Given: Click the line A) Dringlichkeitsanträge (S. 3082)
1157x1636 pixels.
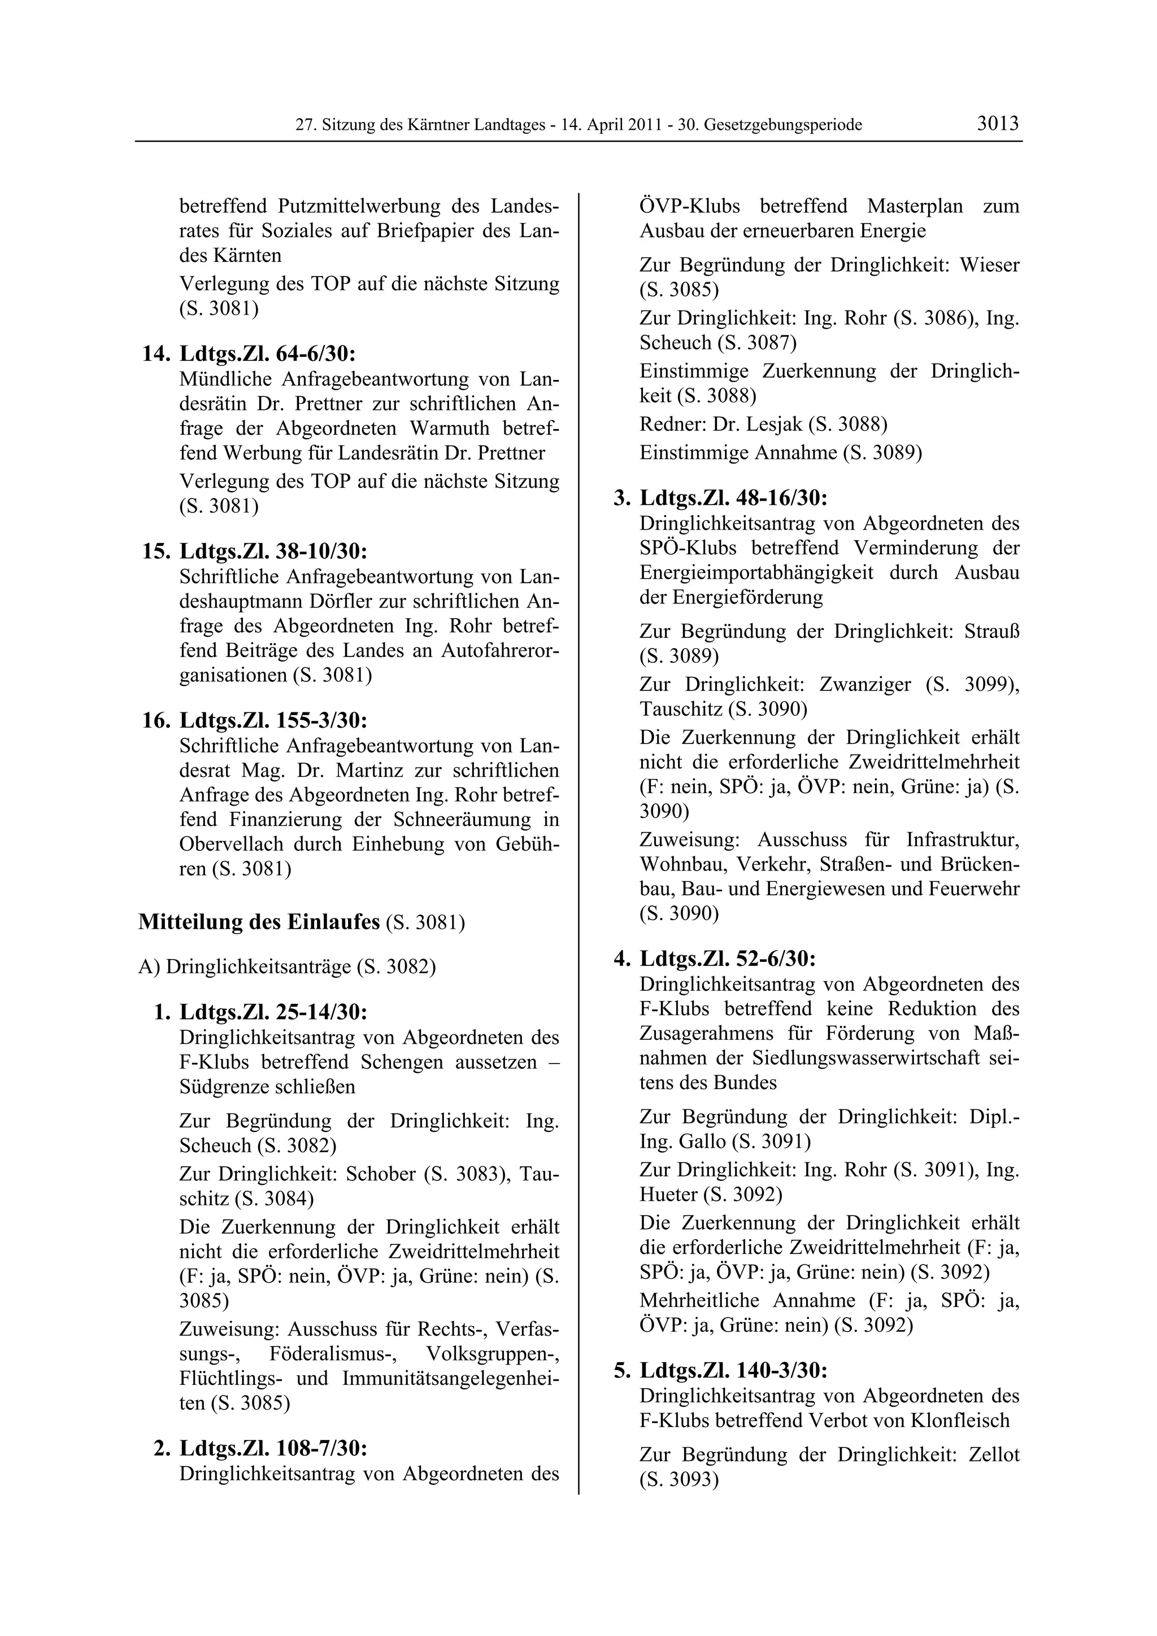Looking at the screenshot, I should pyautogui.click(x=286, y=967).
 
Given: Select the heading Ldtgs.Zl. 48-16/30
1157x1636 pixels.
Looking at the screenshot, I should pyautogui.click(x=733, y=497).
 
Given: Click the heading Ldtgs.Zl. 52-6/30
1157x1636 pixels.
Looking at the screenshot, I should pyautogui.click(x=727, y=959).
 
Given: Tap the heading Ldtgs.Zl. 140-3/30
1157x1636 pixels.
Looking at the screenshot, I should pyautogui.click(x=733, y=1370).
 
